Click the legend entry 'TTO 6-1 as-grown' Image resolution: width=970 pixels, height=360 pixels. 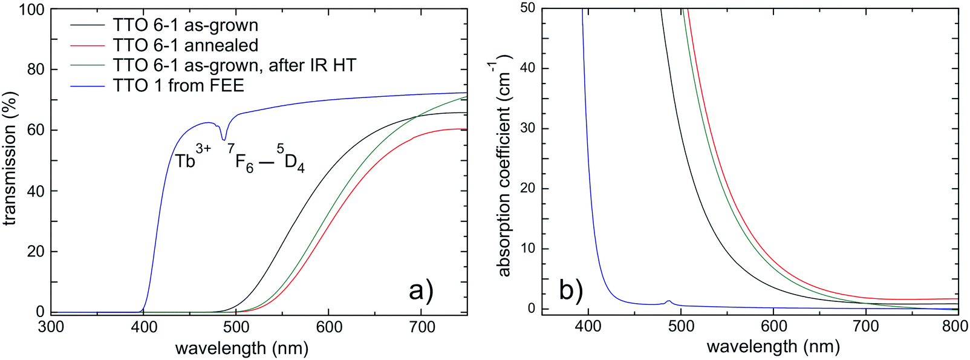[185, 25]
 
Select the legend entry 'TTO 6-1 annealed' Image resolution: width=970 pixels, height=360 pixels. [185, 45]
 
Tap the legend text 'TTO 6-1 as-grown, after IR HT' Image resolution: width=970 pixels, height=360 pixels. [234, 65]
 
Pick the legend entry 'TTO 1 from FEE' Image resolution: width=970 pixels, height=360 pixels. [178, 85]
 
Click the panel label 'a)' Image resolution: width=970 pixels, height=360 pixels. [422, 290]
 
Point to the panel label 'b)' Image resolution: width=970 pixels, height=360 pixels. [571, 290]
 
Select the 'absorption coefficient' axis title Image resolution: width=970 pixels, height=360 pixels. [505, 165]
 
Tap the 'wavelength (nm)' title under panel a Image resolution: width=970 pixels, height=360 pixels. [242, 348]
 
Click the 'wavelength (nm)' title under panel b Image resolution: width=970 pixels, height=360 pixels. [773, 347]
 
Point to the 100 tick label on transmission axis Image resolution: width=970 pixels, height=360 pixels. [31, 10]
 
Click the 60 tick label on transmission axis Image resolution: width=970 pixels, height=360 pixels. [36, 130]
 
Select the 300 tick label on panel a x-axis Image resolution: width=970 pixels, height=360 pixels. [51, 327]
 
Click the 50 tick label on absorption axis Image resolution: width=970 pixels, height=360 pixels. [529, 8]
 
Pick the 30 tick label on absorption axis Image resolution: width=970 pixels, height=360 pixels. [529, 128]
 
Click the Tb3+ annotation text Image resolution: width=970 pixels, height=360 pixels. [192, 157]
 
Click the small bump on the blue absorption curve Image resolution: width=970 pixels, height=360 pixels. [668, 301]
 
